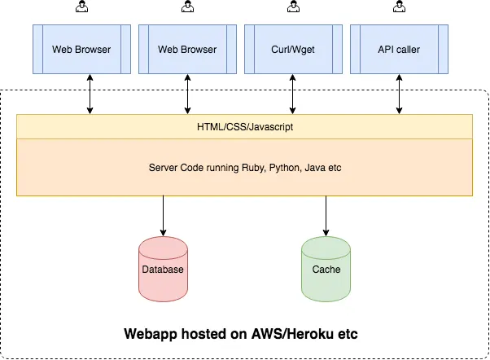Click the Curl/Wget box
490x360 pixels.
[293, 50]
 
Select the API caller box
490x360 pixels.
[399, 50]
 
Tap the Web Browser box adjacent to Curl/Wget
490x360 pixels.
[187, 50]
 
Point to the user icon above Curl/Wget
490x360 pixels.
[293, 7]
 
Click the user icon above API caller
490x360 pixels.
[399, 7]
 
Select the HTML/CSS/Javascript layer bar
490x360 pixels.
[244, 127]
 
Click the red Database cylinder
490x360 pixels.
[164, 266]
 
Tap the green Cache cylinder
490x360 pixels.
[326, 266]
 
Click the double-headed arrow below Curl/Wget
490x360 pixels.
[293, 96]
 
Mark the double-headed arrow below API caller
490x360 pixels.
[399, 96]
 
